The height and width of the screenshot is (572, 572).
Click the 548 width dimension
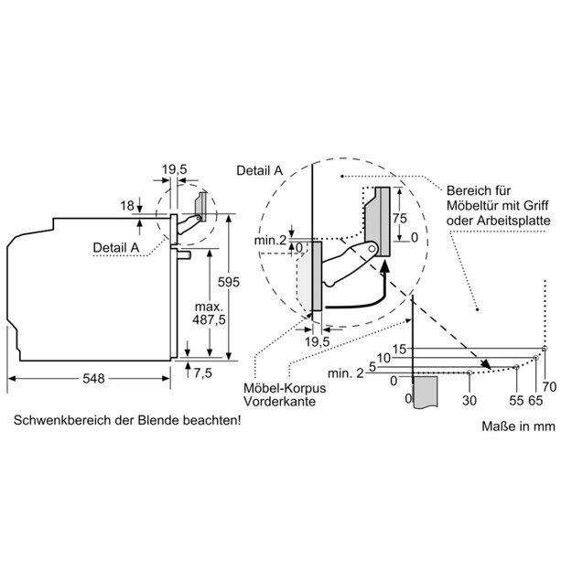[89, 378]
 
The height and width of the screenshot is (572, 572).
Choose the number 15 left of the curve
[397, 348]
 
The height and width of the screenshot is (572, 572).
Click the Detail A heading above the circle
[259, 170]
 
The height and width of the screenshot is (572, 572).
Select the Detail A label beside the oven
[115, 247]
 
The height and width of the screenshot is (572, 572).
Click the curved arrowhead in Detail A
[385, 265]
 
